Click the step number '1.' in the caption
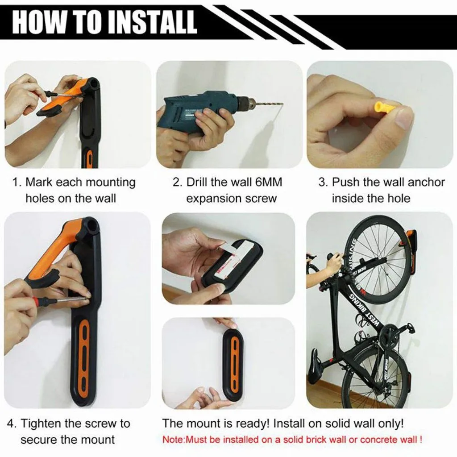pos(17,183)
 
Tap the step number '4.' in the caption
pos(12,423)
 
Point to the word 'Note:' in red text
pos(174,439)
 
